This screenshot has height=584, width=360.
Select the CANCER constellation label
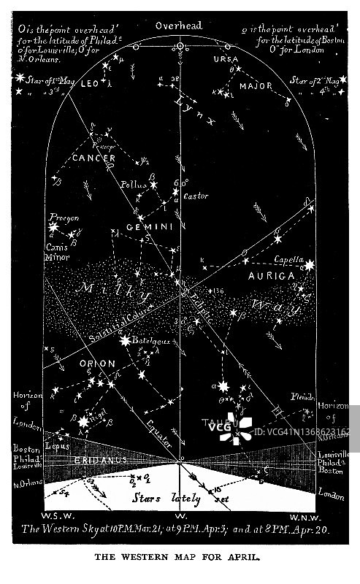click(x=93, y=158)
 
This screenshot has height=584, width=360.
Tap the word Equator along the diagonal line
click(x=158, y=434)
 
